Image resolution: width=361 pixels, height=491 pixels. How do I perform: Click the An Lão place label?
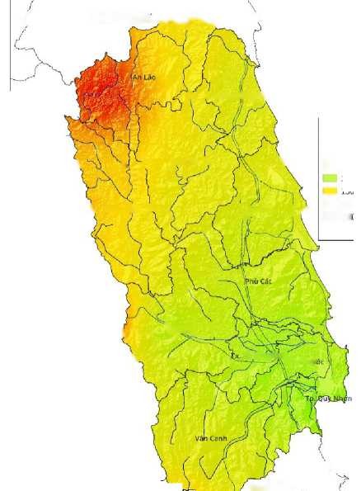(x=144, y=78)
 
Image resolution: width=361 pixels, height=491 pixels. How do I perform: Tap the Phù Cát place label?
(x=258, y=281)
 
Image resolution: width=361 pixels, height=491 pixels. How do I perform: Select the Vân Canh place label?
(x=209, y=437)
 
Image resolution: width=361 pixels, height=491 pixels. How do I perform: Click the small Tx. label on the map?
(x=236, y=356)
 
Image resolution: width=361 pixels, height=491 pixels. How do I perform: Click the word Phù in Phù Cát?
(x=251, y=281)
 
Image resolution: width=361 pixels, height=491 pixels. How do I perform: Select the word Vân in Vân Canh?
(x=201, y=437)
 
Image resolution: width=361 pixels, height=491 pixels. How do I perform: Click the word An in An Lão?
(x=138, y=78)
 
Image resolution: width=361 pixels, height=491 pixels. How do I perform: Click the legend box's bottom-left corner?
(x=319, y=239)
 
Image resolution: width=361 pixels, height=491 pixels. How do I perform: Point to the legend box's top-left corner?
(x=319, y=117)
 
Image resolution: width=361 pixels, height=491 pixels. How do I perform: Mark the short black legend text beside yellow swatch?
(x=349, y=191)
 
